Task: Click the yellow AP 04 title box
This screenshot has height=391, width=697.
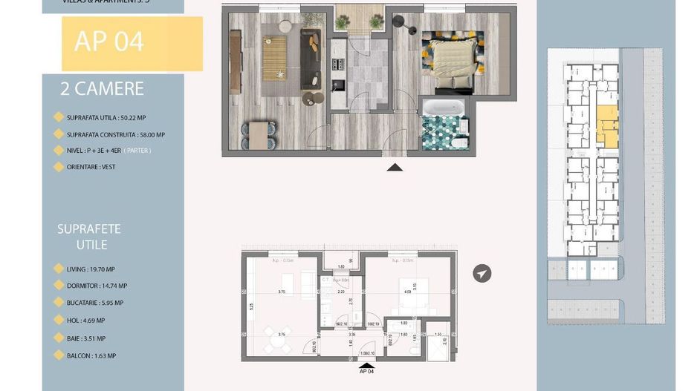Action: [x=132, y=43]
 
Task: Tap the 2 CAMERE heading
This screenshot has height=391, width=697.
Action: [x=102, y=90]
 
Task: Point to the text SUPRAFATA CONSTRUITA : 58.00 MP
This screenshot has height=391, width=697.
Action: [x=115, y=135]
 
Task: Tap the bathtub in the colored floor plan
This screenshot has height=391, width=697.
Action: [x=444, y=108]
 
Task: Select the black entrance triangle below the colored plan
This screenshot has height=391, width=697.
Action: [x=395, y=167]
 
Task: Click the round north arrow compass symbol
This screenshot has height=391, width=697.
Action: [x=482, y=275]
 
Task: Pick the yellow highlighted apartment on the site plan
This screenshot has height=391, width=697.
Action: [x=607, y=127]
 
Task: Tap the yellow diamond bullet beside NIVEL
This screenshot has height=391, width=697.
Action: [x=59, y=150]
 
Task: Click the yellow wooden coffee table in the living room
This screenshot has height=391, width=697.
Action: [x=274, y=59]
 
